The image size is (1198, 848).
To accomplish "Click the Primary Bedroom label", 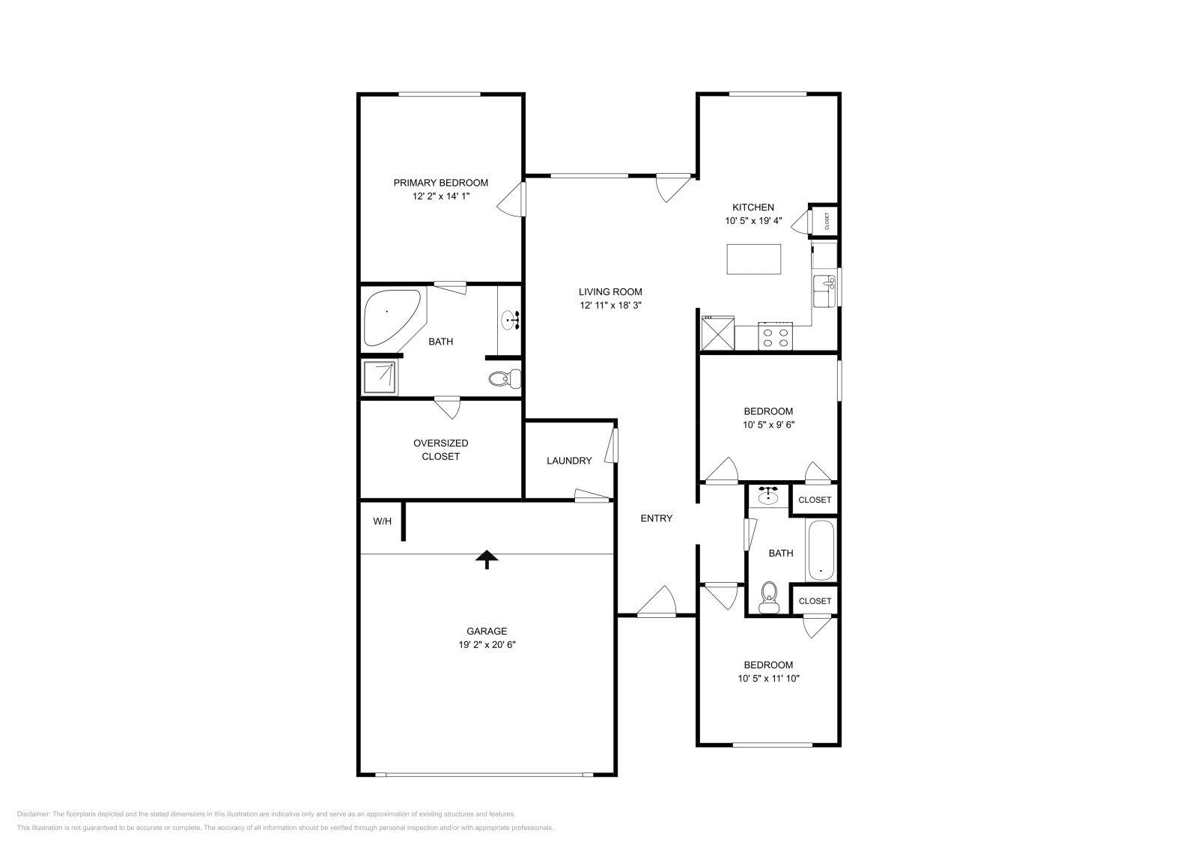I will tap(440, 183).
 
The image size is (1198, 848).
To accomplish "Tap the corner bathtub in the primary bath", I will tap(389, 317).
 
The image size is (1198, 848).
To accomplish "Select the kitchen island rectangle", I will tap(753, 259).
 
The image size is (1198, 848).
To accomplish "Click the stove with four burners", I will tap(775, 336).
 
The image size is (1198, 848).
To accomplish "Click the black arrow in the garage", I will tap(487, 559).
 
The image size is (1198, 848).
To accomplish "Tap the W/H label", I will tap(382, 521).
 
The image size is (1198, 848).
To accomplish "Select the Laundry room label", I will tap(569, 461).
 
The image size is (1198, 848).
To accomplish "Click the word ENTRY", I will tap(656, 518).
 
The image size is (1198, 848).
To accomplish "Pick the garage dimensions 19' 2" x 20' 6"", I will tap(487, 644).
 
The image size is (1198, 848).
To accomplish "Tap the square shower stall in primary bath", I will tap(380, 378).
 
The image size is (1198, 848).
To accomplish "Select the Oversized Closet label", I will tap(440, 449).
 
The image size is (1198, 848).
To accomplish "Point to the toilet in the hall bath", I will tap(768, 599).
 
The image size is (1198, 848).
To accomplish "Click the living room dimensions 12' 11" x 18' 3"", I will tap(610, 306).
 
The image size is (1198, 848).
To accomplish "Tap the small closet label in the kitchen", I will tap(827, 221).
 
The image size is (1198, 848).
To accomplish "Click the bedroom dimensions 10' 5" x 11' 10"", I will tap(767, 679).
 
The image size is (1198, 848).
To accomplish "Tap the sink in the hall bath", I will tap(769, 495).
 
